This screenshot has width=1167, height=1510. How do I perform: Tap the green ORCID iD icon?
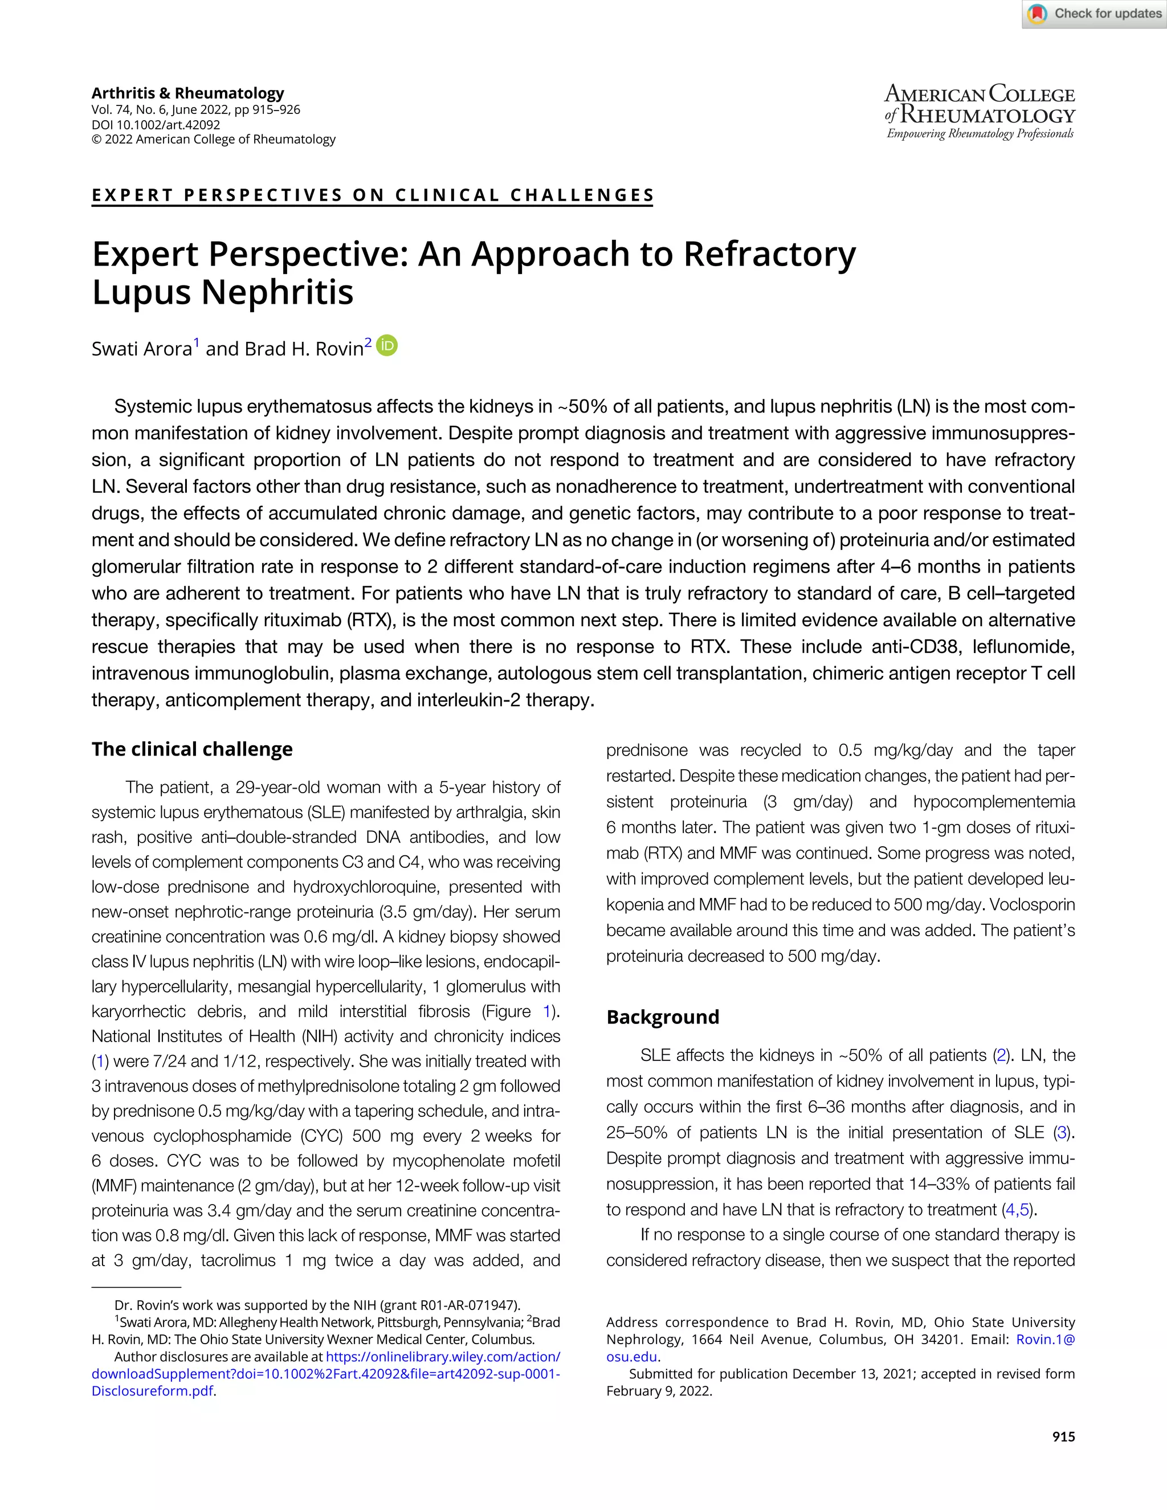tap(387, 346)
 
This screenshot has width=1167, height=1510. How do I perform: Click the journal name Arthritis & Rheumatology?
tap(187, 93)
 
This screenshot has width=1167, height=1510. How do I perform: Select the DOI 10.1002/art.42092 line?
tap(156, 125)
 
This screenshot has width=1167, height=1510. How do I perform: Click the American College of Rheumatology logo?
tap(980, 112)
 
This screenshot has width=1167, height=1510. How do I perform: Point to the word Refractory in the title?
tap(769, 255)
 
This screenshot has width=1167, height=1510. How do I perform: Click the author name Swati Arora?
tap(142, 349)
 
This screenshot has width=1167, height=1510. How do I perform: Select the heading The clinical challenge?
tap(192, 749)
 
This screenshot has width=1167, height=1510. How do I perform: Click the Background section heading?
tap(662, 1017)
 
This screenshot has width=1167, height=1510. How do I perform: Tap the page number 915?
tap(1063, 1436)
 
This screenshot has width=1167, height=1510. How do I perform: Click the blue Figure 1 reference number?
tap(548, 1011)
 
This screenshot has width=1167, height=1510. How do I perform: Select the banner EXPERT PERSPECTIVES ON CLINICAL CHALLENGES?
tap(373, 195)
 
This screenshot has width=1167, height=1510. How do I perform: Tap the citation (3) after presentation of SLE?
tap(1061, 1133)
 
